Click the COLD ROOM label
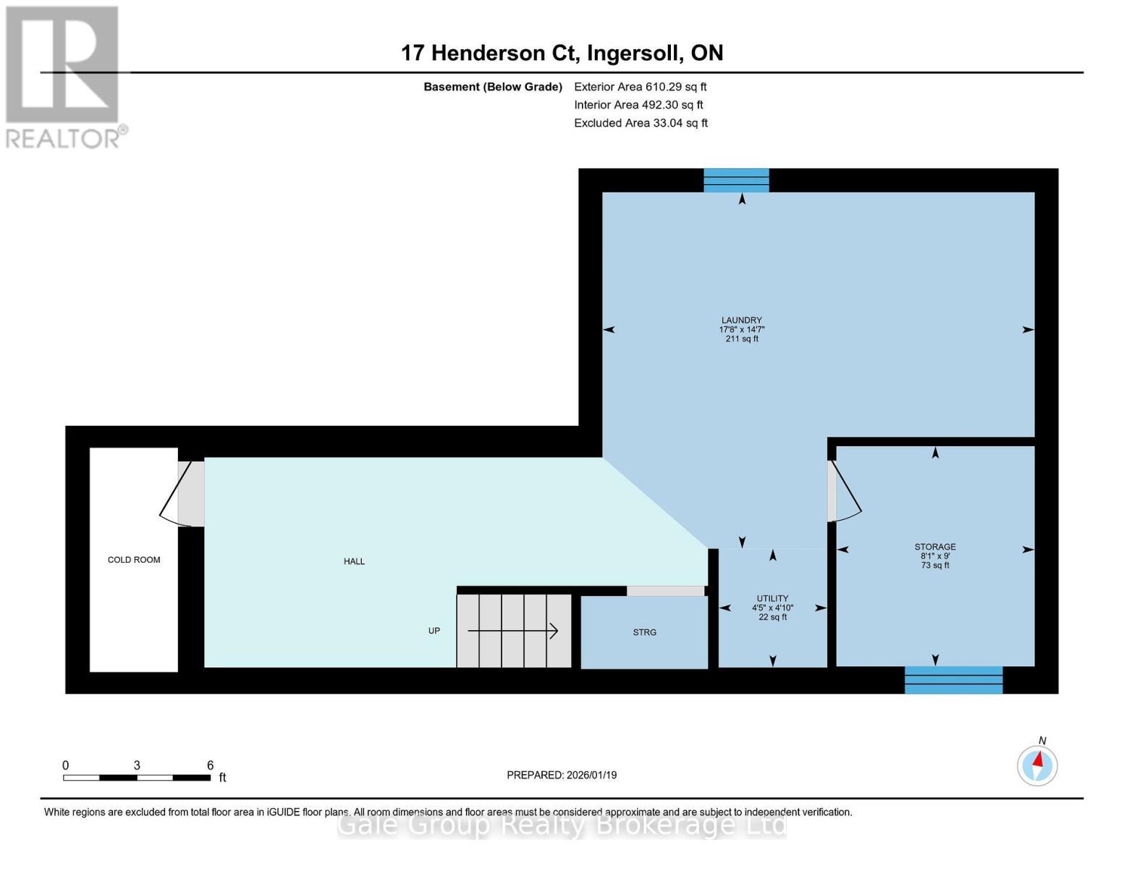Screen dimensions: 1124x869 tap(133, 560)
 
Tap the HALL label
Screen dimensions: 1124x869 tap(354, 561)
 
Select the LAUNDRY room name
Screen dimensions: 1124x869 tap(742, 320)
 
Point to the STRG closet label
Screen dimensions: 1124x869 tap(644, 632)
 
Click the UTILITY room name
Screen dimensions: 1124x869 tap(772, 598)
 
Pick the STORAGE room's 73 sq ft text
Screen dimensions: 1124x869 tap(934, 565)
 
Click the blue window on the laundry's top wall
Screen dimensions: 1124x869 tap(736, 180)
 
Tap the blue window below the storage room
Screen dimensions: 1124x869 tap(953, 680)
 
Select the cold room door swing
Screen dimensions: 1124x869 tap(176, 495)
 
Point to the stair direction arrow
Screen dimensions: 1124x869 tap(512, 631)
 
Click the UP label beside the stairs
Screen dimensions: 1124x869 tap(434, 631)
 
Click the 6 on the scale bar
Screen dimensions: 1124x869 tap(210, 765)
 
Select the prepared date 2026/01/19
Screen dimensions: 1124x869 tap(591, 775)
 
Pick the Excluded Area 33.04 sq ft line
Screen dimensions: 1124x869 tap(641, 123)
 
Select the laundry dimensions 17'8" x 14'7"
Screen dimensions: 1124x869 tap(742, 329)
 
